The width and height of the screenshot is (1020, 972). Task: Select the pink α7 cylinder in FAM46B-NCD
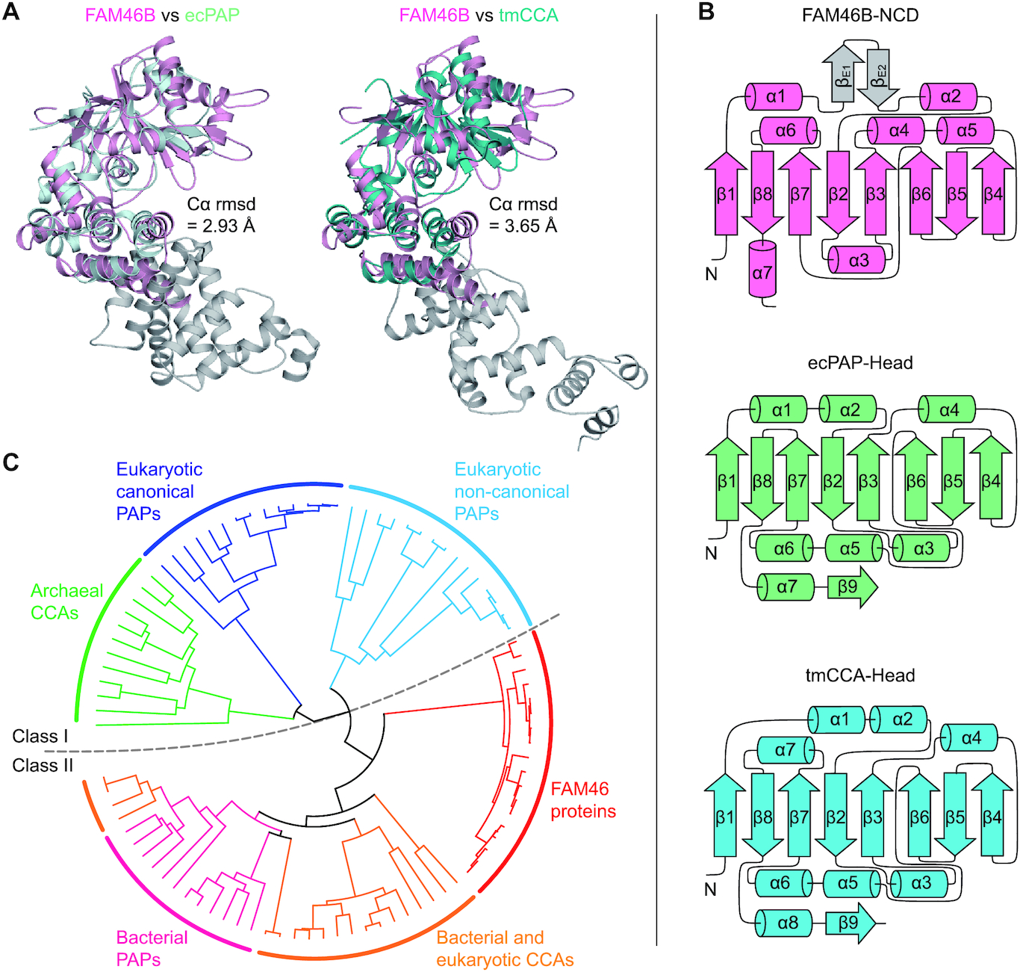point(762,272)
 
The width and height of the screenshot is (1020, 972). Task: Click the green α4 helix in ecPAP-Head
point(947,410)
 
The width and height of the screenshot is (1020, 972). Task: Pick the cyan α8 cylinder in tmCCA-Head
point(785,923)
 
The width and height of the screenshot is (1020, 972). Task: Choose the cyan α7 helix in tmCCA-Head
point(786,749)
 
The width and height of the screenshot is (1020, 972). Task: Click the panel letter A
point(11,13)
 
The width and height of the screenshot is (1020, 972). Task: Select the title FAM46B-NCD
point(859,15)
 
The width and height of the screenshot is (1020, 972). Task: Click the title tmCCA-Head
point(859,675)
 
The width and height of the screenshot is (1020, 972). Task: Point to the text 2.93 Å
point(228,226)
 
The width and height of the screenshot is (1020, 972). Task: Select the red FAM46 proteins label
point(583,800)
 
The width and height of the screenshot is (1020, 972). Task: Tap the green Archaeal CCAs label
point(66,601)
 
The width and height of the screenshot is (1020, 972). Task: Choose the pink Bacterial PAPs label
point(152,948)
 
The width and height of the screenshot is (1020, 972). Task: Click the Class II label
point(43,765)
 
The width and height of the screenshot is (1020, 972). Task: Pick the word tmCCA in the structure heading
point(528,15)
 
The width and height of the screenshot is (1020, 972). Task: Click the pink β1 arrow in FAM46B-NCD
point(726,194)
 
